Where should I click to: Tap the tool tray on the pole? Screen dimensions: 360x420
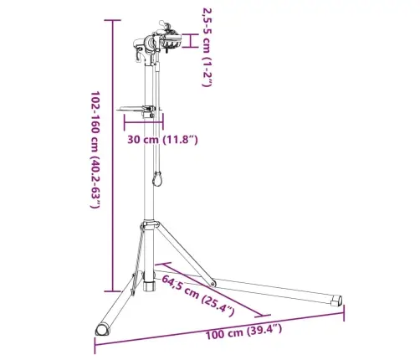[x=137, y=108]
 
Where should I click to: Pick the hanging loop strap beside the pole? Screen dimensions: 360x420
[x=156, y=178]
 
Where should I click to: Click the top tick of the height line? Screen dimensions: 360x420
[x=112, y=20]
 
